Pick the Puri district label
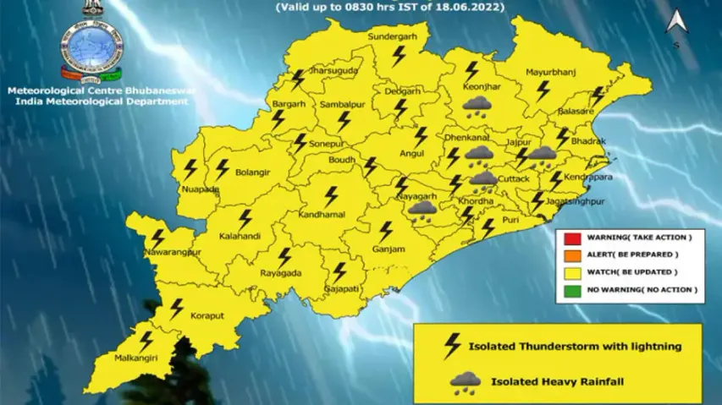(510, 220)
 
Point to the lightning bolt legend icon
(452, 345)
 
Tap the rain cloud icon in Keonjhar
(478, 105)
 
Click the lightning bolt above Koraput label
(177, 309)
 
